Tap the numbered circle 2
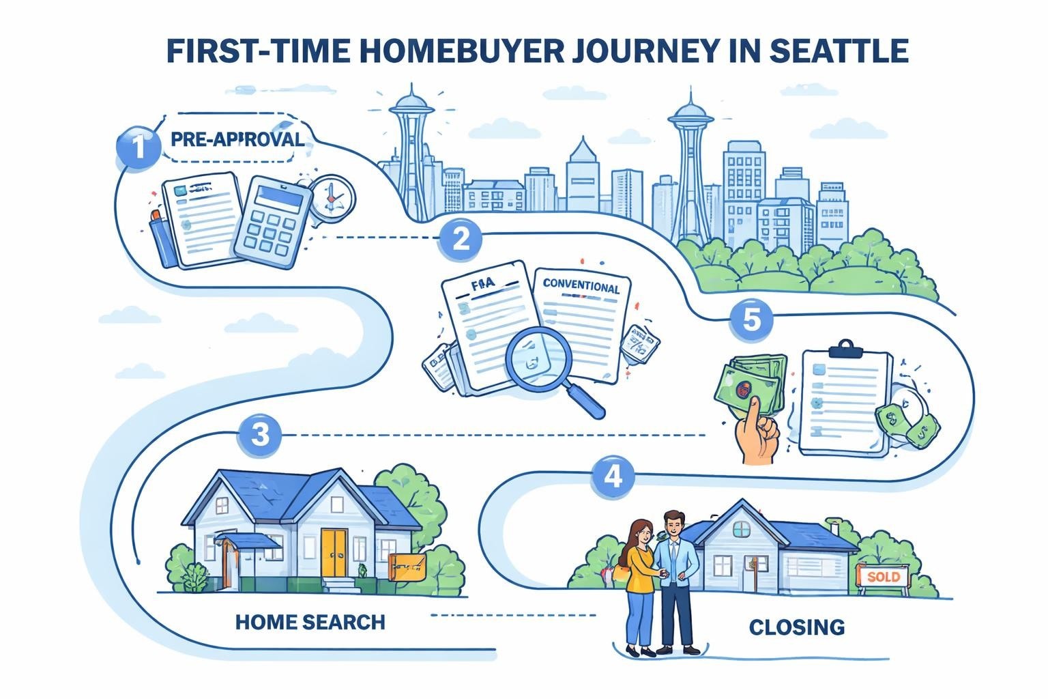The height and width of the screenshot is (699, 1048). tap(461, 240)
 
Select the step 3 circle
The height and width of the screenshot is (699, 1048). tap(260, 436)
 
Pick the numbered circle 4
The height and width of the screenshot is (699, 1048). tap(613, 475)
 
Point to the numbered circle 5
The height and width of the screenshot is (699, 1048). tap(751, 319)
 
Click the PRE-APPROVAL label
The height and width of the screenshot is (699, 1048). tap(237, 139)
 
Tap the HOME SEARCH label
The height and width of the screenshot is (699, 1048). tap(310, 622)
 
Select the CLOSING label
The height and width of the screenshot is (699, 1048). tap(796, 627)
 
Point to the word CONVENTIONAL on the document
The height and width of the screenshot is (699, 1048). tap(581, 286)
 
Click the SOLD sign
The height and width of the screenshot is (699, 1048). tap(883, 577)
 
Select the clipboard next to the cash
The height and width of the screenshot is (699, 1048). tap(845, 403)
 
